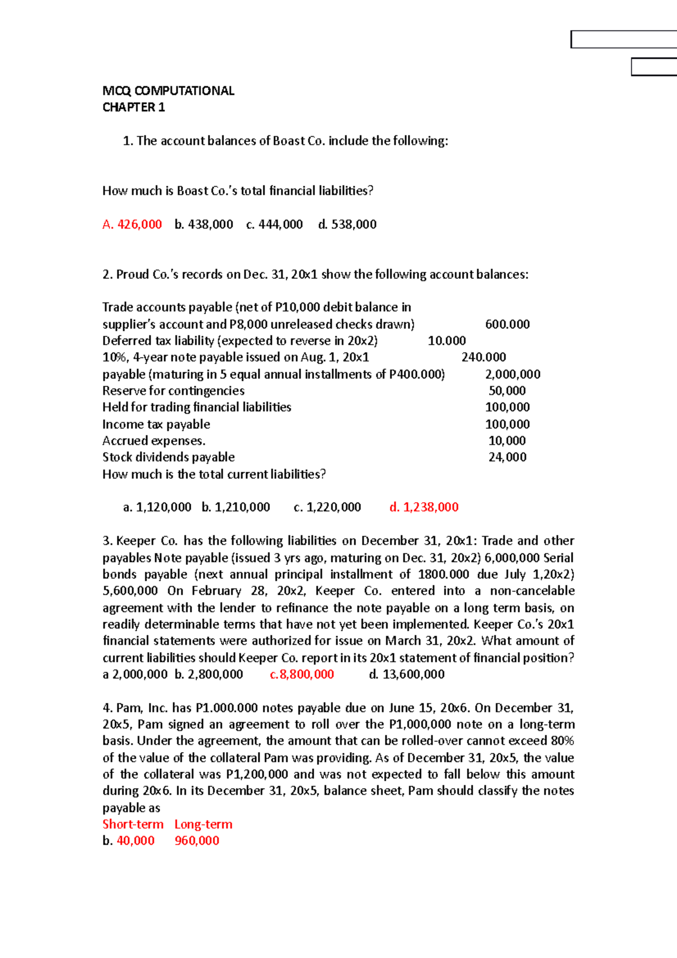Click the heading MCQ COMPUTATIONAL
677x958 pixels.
coord(168,91)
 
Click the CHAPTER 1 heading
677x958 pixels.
coord(134,107)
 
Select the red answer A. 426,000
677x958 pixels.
coord(132,225)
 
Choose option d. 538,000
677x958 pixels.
coord(347,225)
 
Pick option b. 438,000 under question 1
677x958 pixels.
coord(204,225)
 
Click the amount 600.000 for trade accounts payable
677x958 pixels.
coord(507,324)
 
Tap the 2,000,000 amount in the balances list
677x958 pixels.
coord(512,375)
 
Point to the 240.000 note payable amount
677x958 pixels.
coord(483,357)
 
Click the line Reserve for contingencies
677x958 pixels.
coord(173,391)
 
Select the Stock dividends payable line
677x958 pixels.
coord(168,457)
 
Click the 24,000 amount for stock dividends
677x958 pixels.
coord(507,457)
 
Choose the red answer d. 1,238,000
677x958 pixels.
coord(424,507)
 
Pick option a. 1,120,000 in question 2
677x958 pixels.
coord(157,507)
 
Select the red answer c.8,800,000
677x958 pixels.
coord(302,674)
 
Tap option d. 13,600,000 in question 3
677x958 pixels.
coord(406,674)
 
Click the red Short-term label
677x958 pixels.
coord(133,824)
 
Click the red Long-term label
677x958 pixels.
coord(203,824)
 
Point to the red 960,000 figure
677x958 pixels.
coord(197,841)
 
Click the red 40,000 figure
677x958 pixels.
coord(135,841)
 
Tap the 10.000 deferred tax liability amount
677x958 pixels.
coord(447,341)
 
